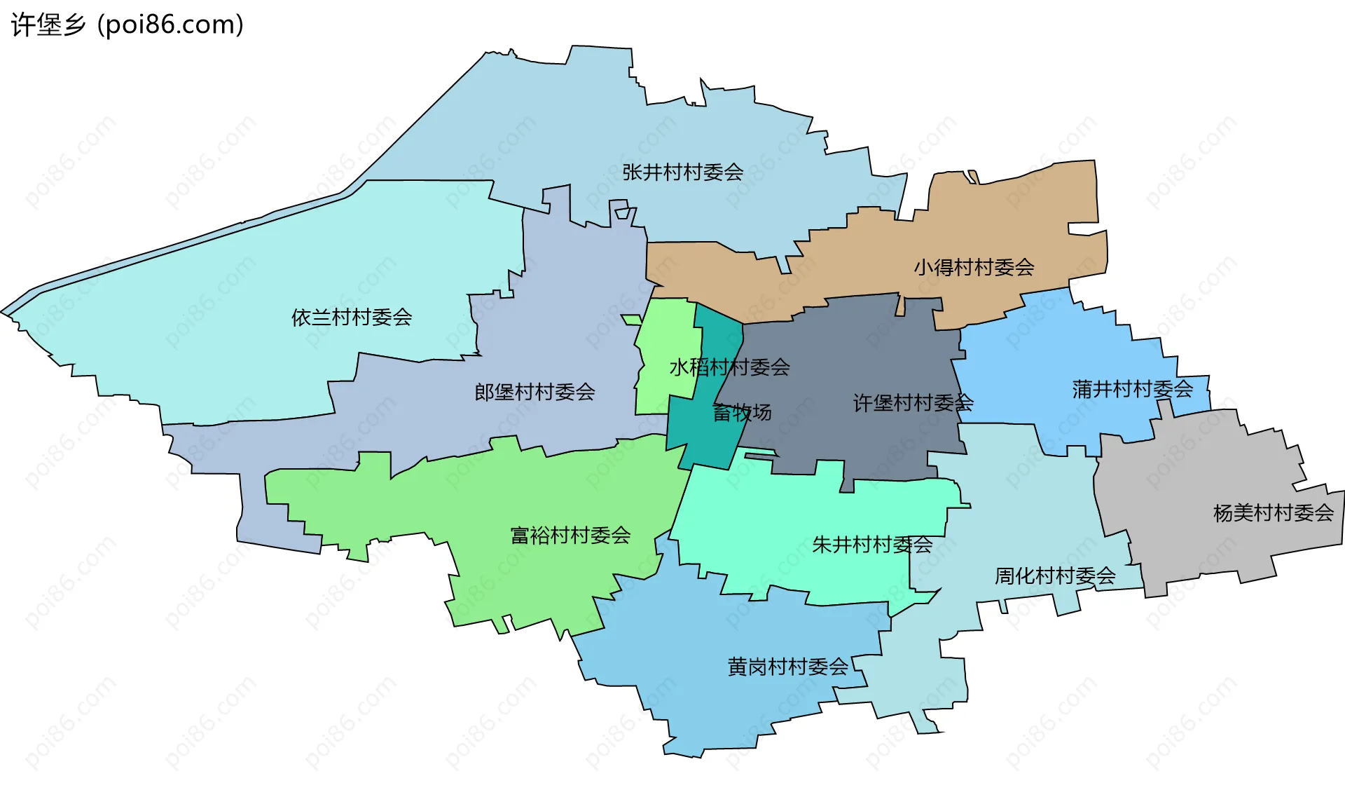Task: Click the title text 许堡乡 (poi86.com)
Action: click(x=127, y=25)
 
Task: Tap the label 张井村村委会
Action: click(x=682, y=172)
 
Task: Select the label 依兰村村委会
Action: click(x=351, y=318)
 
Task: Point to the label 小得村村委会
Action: click(x=974, y=267)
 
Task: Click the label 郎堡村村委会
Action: click(x=534, y=392)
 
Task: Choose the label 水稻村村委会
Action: click(x=729, y=367)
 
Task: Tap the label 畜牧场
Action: click(x=742, y=412)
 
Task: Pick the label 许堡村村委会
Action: click(x=913, y=403)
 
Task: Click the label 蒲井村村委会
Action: click(x=1132, y=389)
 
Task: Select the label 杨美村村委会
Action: click(x=1273, y=513)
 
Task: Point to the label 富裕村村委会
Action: click(x=570, y=536)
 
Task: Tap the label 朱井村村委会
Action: click(x=871, y=545)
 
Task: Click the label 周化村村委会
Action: click(x=1055, y=576)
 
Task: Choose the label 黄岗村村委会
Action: click(x=787, y=667)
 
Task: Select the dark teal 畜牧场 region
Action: click(x=701, y=435)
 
